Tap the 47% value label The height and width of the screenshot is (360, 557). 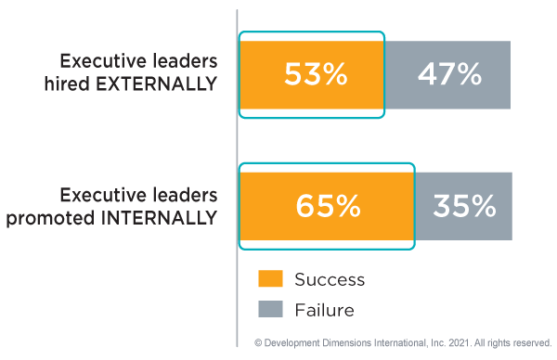[x=448, y=75]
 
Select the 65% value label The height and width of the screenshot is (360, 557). [x=328, y=206]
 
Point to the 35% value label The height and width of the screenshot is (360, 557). [x=463, y=206]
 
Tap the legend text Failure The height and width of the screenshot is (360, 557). [x=324, y=309]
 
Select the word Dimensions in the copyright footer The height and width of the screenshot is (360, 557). [x=346, y=343]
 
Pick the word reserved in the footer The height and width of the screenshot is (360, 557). [x=531, y=343]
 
